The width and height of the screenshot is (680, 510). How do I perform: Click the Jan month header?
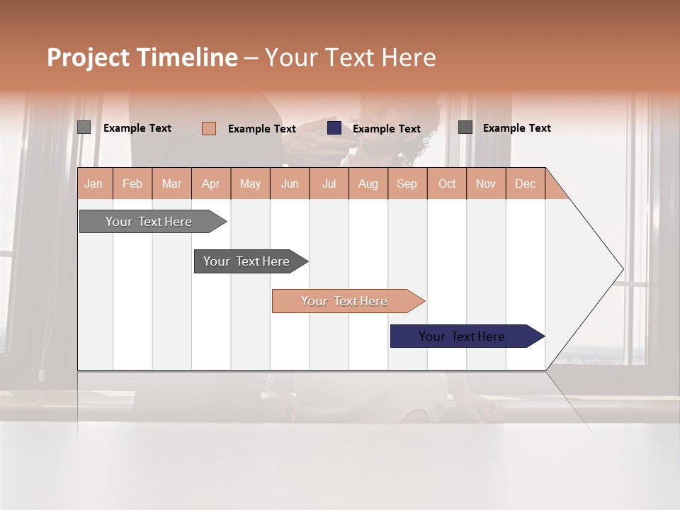point(93,183)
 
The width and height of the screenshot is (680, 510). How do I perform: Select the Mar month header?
point(171,183)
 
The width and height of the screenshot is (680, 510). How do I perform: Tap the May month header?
point(250,183)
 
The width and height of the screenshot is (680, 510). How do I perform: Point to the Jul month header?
point(329,183)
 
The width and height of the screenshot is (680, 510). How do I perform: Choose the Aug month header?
point(368,183)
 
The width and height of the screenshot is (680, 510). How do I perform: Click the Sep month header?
point(407,183)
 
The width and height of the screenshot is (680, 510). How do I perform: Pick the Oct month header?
point(447,183)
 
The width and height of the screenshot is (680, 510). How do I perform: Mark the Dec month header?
point(525,183)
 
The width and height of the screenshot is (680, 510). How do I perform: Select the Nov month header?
point(486,183)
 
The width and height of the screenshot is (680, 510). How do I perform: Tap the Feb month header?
point(132,183)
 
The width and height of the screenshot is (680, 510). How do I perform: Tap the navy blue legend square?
point(334,128)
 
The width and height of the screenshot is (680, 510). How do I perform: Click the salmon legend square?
point(209,128)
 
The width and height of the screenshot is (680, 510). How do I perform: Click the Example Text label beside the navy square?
point(387,129)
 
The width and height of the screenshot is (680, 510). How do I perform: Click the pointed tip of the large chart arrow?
point(621,269)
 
